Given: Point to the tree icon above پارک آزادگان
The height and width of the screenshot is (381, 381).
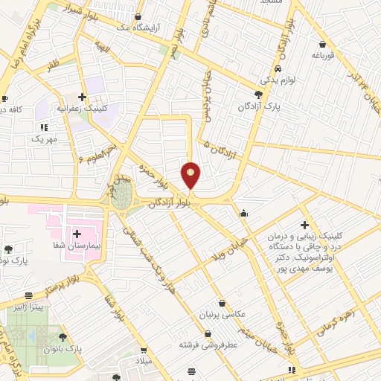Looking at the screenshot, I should pyautogui.click(x=258, y=95).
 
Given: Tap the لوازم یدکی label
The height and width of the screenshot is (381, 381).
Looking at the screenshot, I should pyautogui.click(x=278, y=78).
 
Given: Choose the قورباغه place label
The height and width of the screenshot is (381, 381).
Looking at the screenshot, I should pyautogui.click(x=325, y=55).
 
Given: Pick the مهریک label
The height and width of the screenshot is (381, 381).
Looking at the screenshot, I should pyautogui.click(x=44, y=138).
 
